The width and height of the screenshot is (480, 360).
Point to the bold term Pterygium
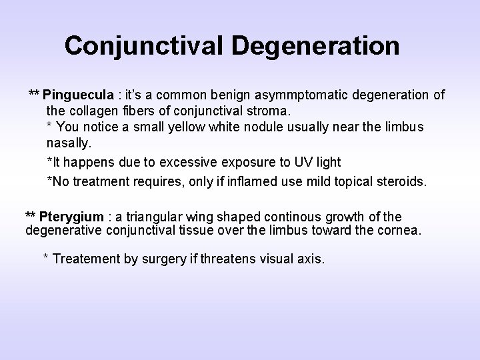[x=71, y=217]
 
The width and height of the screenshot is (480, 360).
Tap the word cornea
[x=401, y=231]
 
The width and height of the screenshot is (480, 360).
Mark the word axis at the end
[x=310, y=259]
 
